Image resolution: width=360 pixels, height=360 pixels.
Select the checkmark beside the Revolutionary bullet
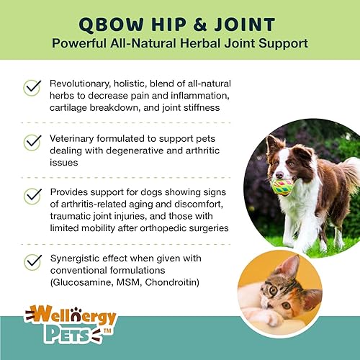pos(32,87)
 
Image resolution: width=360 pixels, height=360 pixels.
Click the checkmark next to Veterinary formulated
pos(32,142)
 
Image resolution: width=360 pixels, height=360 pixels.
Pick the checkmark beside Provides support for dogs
pos(32,196)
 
